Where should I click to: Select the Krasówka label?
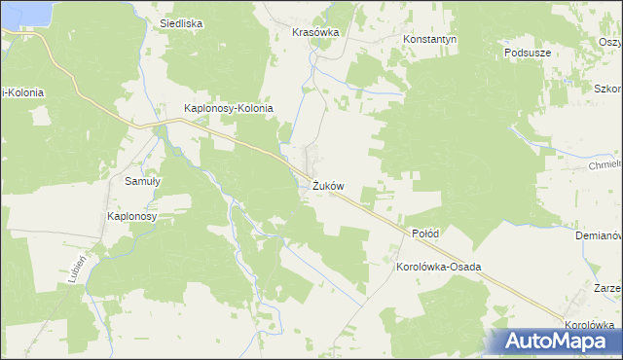[x=314, y=32]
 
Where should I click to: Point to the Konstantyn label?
[x=430, y=40]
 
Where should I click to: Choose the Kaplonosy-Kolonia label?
[x=229, y=108]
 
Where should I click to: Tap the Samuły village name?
[x=142, y=181]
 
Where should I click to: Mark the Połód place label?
[x=425, y=234]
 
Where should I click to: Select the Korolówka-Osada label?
[x=439, y=266]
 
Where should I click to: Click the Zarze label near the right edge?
[x=607, y=289]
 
